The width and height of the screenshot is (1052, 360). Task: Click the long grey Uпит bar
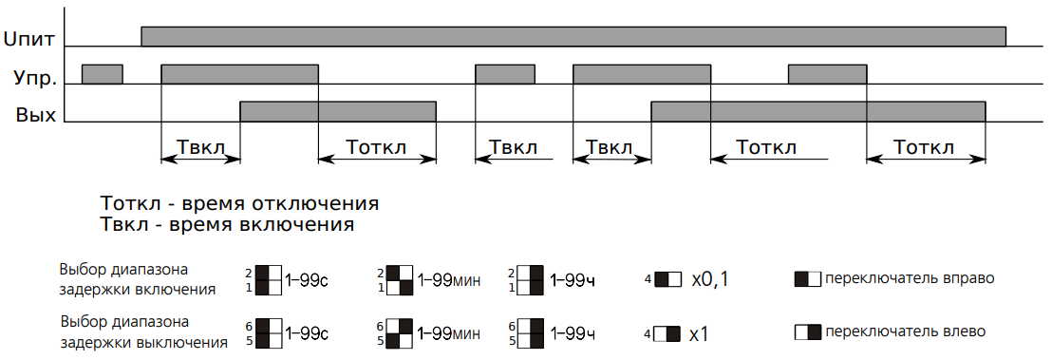coord(573,37)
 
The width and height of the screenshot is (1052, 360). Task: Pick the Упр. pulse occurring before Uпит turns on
coord(102,74)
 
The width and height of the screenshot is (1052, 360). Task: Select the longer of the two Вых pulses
coord(817,111)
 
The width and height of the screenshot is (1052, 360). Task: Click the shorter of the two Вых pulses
coord(338,111)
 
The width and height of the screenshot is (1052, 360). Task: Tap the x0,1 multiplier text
coord(710,279)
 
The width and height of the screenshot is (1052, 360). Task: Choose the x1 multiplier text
coord(699,333)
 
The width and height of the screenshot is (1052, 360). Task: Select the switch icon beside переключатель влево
coord(808,332)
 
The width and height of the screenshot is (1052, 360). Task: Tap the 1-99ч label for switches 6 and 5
coord(573,333)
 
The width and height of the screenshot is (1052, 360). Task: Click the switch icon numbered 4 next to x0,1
coord(667,278)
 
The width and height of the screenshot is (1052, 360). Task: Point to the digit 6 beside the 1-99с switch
coord(248,327)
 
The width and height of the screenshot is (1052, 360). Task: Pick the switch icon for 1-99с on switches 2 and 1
coord(269,280)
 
